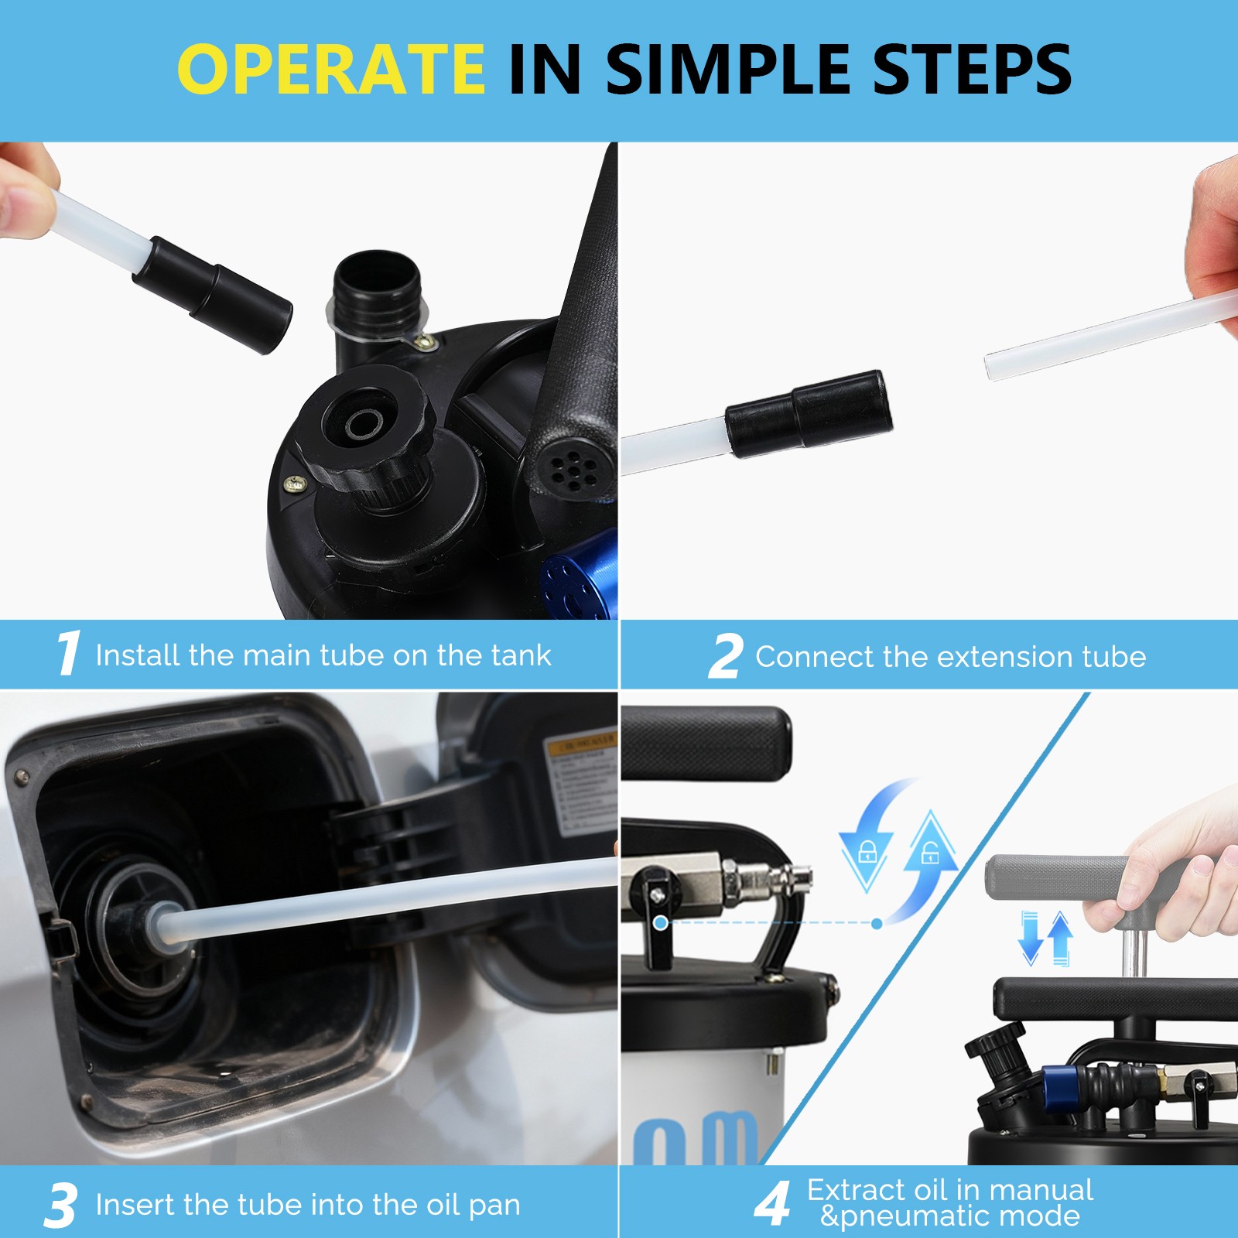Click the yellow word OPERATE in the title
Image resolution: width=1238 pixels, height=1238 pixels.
click(x=331, y=70)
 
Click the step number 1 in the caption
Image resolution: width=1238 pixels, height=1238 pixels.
click(x=68, y=653)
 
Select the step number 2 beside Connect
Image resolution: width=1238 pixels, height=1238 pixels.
click(x=726, y=657)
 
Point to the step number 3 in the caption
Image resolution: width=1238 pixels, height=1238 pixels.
click(x=60, y=1205)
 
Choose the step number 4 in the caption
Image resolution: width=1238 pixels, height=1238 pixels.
click(x=772, y=1204)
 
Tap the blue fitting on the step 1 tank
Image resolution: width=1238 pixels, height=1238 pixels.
click(x=580, y=576)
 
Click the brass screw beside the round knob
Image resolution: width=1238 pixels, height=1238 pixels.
click(x=295, y=485)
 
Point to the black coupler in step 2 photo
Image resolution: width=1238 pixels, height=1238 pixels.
click(x=809, y=414)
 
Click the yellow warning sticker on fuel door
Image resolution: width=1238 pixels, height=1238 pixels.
click(x=580, y=744)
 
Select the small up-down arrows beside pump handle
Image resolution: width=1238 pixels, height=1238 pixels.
click(x=1046, y=939)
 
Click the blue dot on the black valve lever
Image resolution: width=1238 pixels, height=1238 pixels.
click(x=660, y=923)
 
